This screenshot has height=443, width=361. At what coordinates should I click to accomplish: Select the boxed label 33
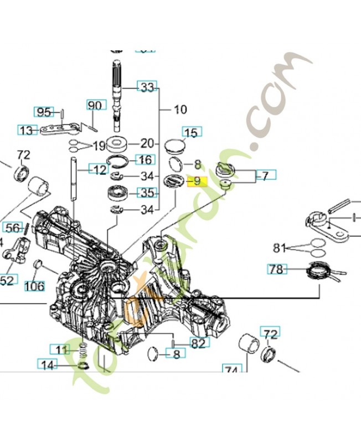[x=147, y=87]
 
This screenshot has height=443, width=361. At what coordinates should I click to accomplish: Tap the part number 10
[x=180, y=110]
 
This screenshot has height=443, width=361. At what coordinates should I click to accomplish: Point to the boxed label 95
[x=44, y=112]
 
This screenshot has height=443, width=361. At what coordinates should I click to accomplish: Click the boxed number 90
[x=95, y=105]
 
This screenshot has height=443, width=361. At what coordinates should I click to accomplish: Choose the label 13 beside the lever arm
[x=25, y=131]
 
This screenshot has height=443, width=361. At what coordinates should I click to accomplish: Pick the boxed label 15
[x=190, y=132]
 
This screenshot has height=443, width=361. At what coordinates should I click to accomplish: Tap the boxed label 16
[x=145, y=160]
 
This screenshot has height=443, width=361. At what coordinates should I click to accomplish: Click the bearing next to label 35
[x=118, y=194]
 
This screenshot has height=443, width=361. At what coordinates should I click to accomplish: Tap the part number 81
[x=282, y=247]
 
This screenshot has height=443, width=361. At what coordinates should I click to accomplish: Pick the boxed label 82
[x=199, y=343]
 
